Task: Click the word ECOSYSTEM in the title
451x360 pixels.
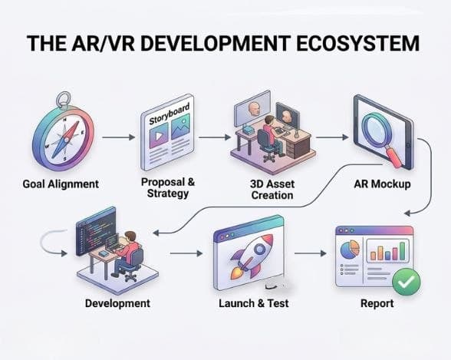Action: tap(357, 43)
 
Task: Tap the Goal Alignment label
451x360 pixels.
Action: tap(61, 184)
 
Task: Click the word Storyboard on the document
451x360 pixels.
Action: tap(170, 114)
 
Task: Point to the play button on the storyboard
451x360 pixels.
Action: tap(159, 135)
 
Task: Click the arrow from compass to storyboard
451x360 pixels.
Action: tap(118, 137)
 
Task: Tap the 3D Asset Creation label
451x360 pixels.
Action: tap(272, 190)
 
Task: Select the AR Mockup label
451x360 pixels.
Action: tap(382, 184)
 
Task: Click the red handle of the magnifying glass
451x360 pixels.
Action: tap(394, 157)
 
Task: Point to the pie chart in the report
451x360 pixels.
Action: tap(350, 249)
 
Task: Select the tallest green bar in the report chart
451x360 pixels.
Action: tap(403, 251)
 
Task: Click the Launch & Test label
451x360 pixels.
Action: tap(254, 303)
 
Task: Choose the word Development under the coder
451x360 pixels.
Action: tap(117, 303)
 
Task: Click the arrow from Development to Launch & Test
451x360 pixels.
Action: tap(186, 253)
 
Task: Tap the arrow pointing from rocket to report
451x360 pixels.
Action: tap(311, 253)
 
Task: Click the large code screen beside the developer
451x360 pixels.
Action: tap(96, 232)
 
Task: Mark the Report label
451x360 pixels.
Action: tap(377, 303)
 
